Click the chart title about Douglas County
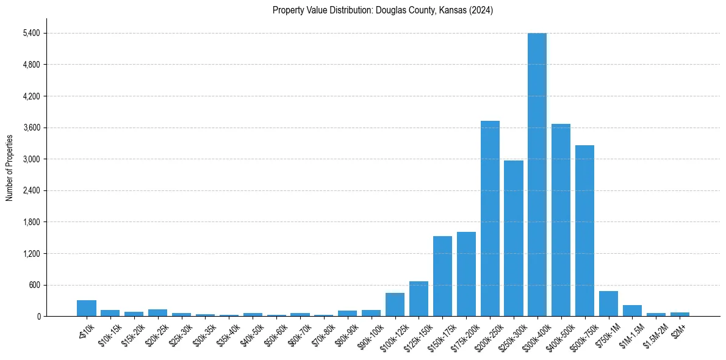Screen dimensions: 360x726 [x=383, y=10]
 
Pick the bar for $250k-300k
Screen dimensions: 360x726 [x=514, y=238]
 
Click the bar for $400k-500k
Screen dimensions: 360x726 [x=561, y=220]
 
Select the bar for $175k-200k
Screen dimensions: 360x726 [x=466, y=274]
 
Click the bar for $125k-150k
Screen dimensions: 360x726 [x=419, y=298]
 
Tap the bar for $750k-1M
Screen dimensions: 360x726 [x=608, y=303]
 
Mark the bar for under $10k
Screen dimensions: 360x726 [x=87, y=308]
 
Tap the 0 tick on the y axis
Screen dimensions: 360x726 [x=38, y=316]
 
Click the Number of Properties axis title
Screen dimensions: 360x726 [x=10, y=167]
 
